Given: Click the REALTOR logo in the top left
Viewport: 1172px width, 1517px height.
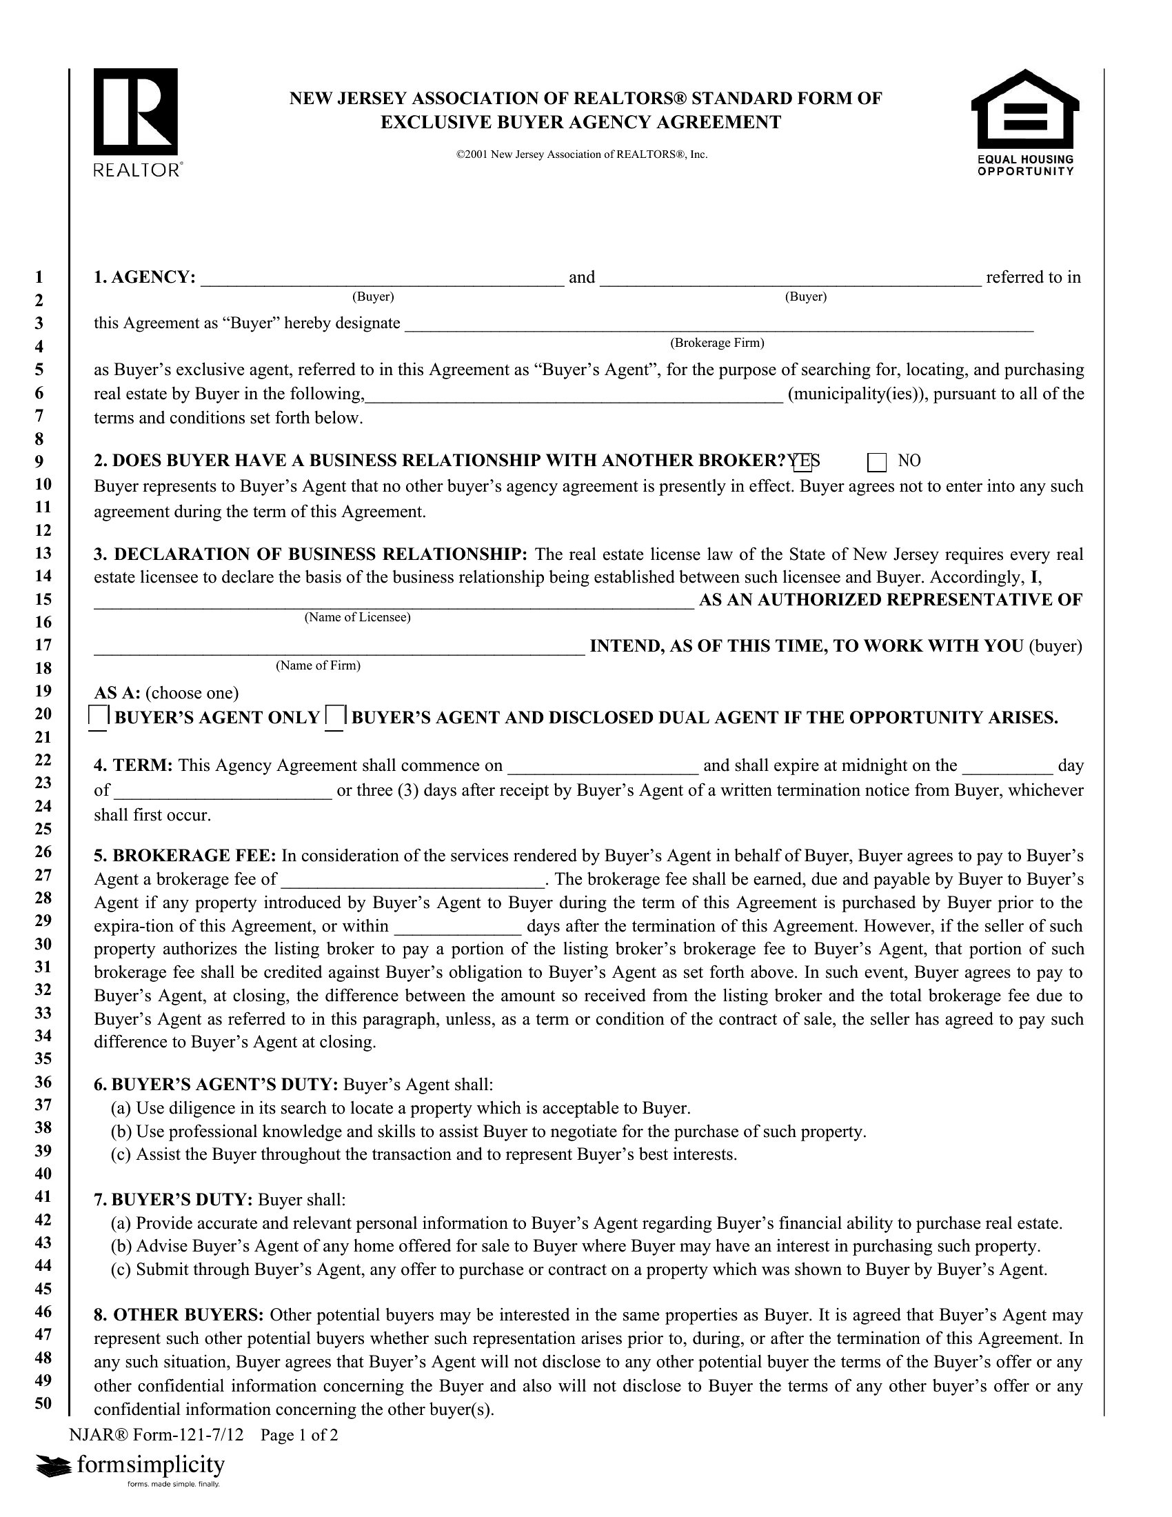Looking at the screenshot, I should (136, 122).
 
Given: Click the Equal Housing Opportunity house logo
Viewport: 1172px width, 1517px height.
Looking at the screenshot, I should (1024, 122).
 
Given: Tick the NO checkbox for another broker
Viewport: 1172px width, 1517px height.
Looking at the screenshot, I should (877, 462).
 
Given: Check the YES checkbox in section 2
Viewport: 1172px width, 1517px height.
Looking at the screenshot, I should (802, 462).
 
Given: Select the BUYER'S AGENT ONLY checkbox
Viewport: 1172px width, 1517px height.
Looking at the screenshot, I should (99, 716).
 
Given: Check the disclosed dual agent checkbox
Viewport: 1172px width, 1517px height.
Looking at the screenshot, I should (335, 716).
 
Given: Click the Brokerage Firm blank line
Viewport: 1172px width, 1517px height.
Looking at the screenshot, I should (718, 325).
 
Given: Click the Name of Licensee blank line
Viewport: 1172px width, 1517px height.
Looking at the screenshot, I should (394, 601).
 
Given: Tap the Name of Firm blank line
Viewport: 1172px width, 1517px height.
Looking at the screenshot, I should (339, 647).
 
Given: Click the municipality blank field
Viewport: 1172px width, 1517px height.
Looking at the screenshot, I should (575, 395).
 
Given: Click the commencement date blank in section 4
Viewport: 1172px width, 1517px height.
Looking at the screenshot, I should (603, 767).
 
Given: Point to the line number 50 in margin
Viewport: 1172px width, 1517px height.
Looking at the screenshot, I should (43, 1403).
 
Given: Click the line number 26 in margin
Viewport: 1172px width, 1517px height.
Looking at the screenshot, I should (43, 852).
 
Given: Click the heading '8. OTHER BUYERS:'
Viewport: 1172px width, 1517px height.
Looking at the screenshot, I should (179, 1315).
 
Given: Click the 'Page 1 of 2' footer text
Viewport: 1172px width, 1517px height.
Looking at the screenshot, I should (299, 1435).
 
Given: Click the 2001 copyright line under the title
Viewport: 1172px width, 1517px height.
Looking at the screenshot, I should (582, 154).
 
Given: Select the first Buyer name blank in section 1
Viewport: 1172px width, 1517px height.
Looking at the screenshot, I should (382, 279).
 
